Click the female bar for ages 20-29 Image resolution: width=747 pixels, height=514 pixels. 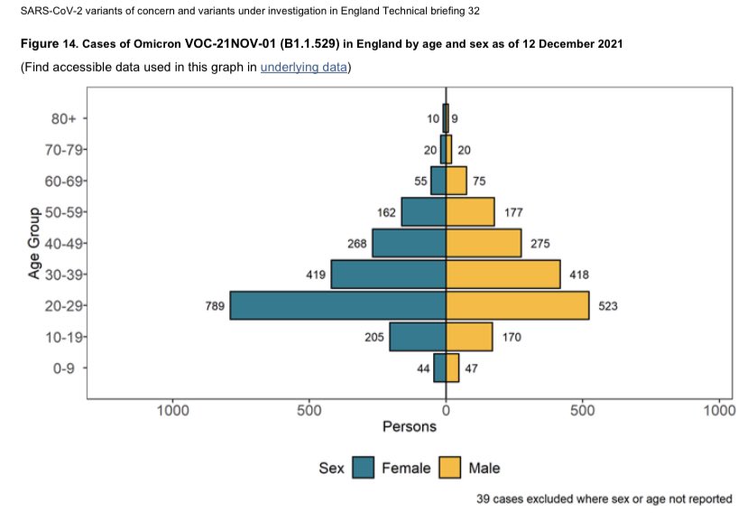(x=337, y=305)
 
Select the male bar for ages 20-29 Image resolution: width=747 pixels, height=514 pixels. (x=517, y=305)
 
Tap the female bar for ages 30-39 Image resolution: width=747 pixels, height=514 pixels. (x=388, y=275)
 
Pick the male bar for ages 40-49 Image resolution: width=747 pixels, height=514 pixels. (x=484, y=243)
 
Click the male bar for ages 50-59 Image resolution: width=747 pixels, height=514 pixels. (x=470, y=212)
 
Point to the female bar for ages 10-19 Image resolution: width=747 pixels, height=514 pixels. (x=417, y=337)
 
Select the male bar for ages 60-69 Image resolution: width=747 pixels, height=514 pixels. (x=456, y=181)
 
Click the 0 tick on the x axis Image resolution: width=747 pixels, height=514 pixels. (x=446, y=410)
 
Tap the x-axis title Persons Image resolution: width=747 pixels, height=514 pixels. (x=410, y=427)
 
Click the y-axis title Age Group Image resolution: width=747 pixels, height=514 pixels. (x=33, y=244)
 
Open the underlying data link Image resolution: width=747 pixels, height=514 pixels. (x=303, y=68)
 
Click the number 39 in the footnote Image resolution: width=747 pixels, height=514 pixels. (x=484, y=499)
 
